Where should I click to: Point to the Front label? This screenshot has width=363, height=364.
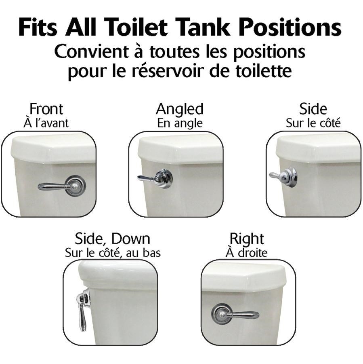point(46,109)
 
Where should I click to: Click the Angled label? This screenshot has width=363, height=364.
point(179,110)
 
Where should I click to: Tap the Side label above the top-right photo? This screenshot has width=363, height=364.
point(313,109)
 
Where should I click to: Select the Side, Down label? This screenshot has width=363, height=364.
point(112,239)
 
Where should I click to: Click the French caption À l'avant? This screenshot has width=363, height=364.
point(46,123)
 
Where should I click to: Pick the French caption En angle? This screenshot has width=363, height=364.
point(180,123)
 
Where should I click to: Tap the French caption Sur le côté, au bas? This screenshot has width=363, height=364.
point(113,253)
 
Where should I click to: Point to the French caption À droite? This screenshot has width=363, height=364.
point(246,253)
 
